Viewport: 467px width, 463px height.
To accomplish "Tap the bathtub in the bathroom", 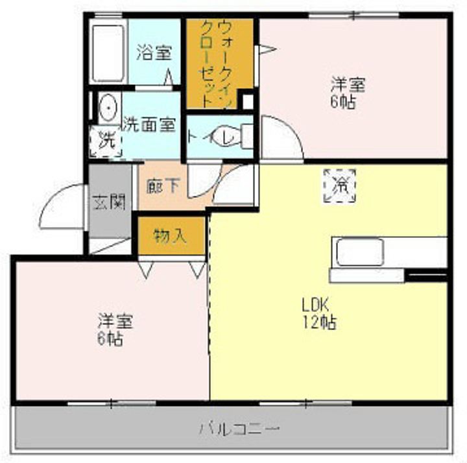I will pyautogui.click(x=108, y=53).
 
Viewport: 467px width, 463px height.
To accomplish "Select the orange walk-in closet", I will pyautogui.click(x=219, y=64).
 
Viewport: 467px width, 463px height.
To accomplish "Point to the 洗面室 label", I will pyautogui.click(x=149, y=124).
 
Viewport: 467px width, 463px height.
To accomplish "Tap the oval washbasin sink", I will pyautogui.click(x=108, y=108).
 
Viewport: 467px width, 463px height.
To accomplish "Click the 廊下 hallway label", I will pyautogui.click(x=163, y=185).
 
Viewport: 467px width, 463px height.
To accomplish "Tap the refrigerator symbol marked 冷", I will pyautogui.click(x=340, y=184).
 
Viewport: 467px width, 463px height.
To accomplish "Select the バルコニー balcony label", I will pyautogui.click(x=239, y=428).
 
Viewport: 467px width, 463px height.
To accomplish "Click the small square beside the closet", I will pyautogui.click(x=246, y=102).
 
